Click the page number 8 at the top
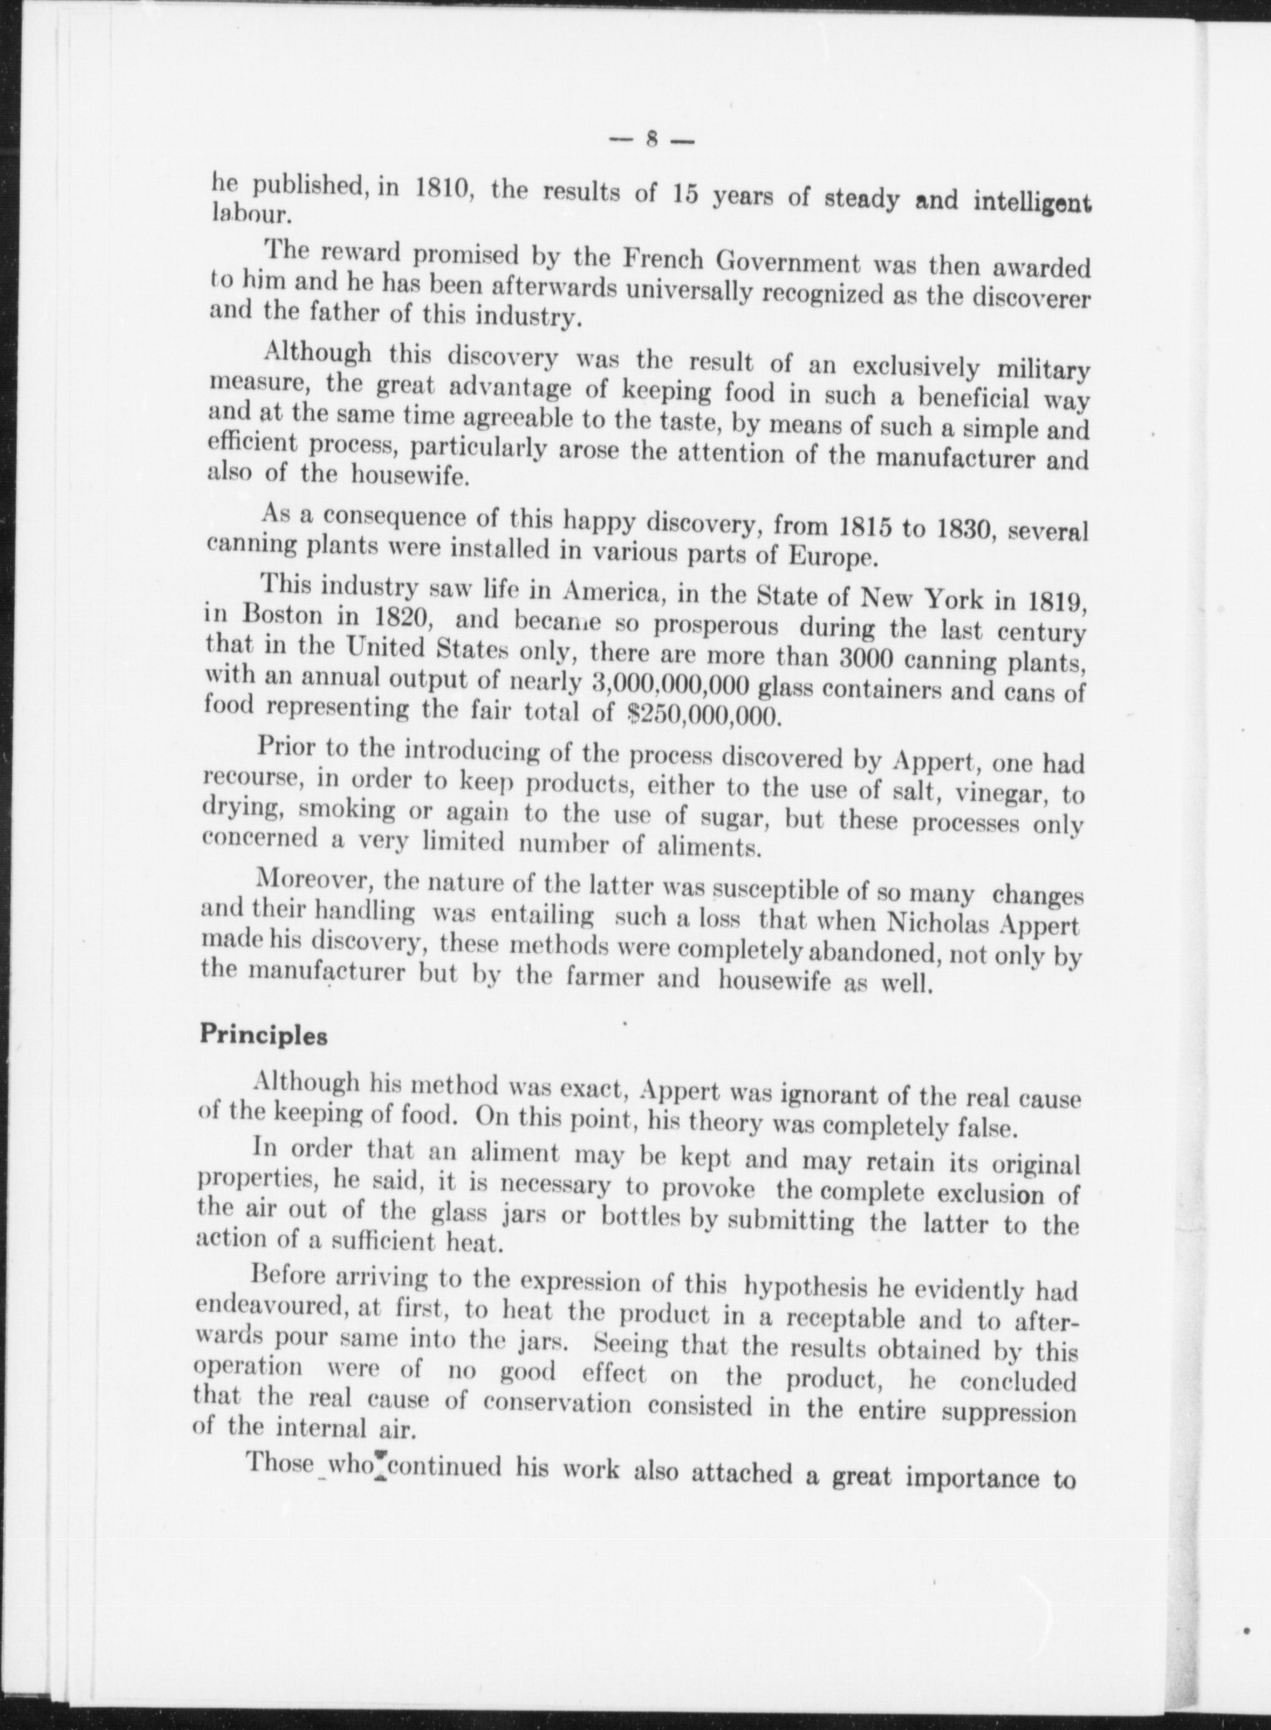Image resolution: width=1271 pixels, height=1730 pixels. point(652,141)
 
